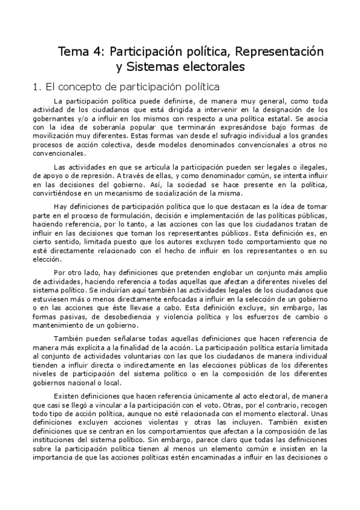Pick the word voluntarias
point(142,358)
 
